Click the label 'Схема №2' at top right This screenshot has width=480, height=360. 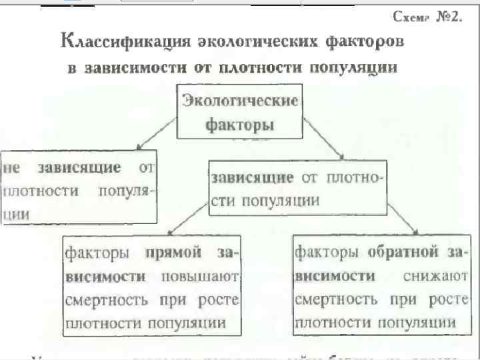[x=427, y=16]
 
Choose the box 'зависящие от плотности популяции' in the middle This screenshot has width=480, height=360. [x=297, y=188]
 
